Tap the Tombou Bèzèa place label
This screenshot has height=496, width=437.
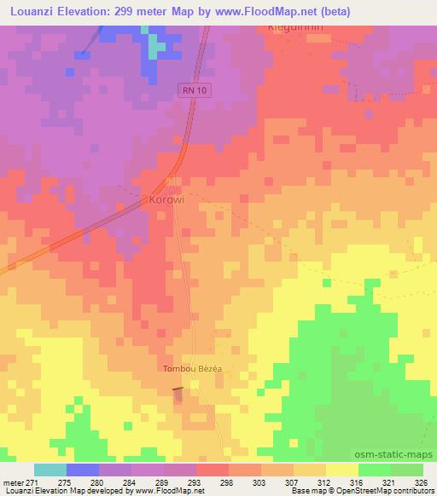[192, 369]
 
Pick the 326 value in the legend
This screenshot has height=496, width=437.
[422, 482]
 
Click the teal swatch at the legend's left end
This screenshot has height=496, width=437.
[50, 470]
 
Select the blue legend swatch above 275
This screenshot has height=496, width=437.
[83, 470]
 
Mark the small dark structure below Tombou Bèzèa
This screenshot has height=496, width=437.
[178, 390]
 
